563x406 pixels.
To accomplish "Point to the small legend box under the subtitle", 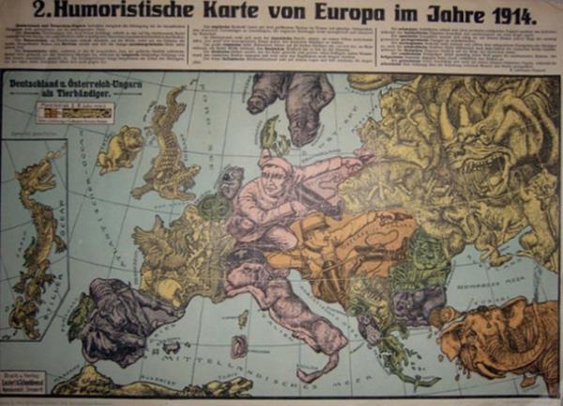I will [x=74, y=112].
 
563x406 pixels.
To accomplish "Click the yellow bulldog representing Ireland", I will [x=120, y=148].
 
